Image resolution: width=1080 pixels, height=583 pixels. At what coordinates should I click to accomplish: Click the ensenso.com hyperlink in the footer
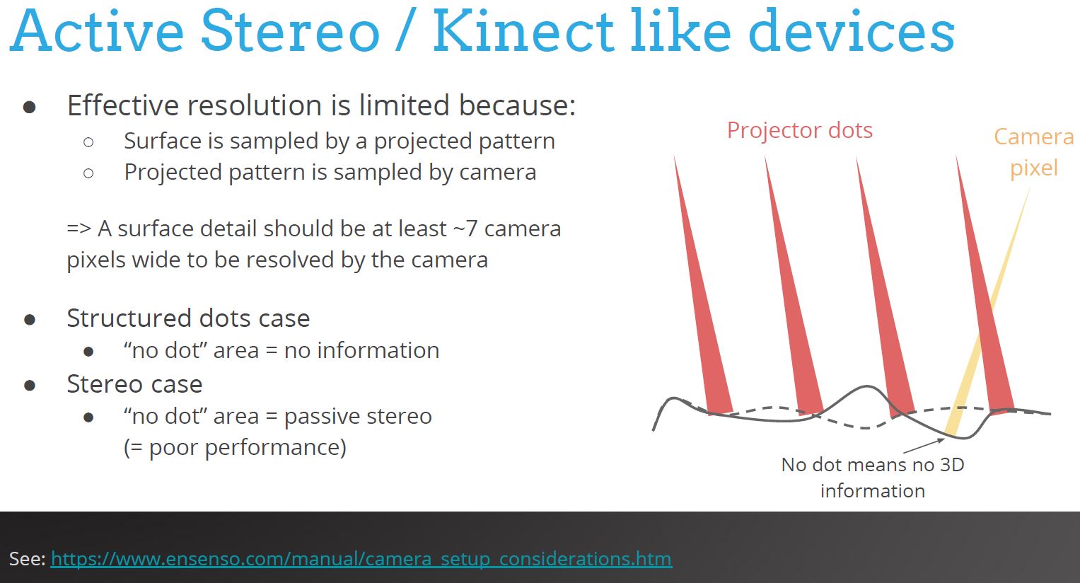(x=361, y=559)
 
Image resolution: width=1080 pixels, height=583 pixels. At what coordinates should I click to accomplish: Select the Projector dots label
(x=799, y=130)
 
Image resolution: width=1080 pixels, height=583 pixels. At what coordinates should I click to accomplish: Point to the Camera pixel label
(x=1033, y=151)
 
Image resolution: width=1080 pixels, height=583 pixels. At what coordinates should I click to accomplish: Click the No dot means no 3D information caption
(x=873, y=477)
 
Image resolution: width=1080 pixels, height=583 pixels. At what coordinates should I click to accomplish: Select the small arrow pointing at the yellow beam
(x=923, y=446)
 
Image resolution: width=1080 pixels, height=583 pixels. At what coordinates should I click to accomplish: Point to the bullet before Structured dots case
(x=30, y=320)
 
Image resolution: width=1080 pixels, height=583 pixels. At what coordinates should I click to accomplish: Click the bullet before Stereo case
(x=30, y=386)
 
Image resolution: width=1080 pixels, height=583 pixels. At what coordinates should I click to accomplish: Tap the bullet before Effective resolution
(x=30, y=107)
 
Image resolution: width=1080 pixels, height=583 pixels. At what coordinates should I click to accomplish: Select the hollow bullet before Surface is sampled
(x=88, y=142)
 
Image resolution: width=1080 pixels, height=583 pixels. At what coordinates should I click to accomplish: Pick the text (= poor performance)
(x=235, y=448)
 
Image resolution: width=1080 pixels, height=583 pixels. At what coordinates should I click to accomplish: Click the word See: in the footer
(x=27, y=559)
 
